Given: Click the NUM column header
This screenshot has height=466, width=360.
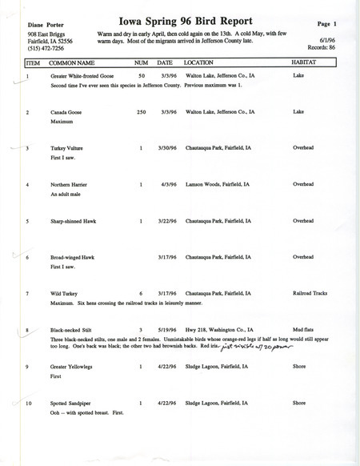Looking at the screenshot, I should click(x=141, y=62).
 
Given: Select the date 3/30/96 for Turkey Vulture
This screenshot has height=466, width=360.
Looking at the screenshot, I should click(x=166, y=148).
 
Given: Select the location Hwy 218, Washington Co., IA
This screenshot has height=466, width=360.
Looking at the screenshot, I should click(x=222, y=329).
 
